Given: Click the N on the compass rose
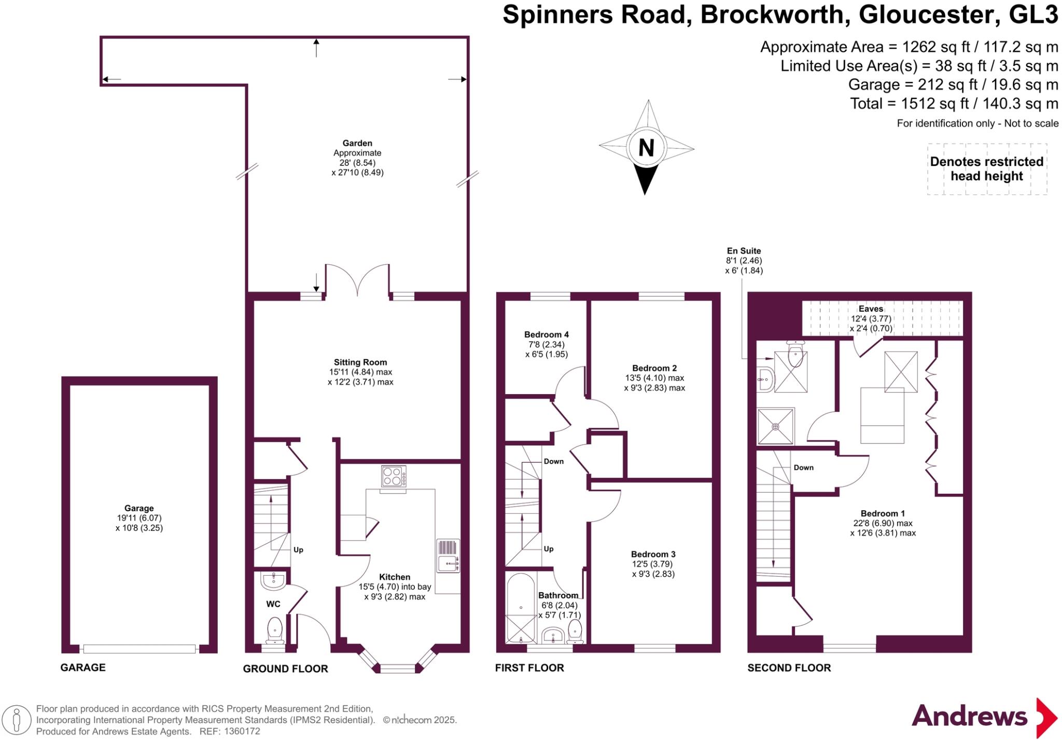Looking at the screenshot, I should point(646,148).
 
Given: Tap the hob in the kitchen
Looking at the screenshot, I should point(394,476).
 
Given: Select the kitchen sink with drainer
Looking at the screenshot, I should point(448,556).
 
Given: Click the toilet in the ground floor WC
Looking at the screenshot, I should point(274,629).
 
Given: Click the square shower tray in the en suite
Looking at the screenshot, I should point(775,426).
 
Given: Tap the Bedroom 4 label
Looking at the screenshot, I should point(546,334).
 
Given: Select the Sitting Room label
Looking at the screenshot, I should point(360,362).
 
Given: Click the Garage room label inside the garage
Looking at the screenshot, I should point(138,508).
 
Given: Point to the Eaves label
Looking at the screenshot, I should point(871,309).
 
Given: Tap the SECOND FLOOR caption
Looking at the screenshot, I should point(789,668).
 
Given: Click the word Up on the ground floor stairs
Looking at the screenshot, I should point(298,550).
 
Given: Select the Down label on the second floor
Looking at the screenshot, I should point(803,467).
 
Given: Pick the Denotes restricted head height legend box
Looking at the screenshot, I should point(987,169).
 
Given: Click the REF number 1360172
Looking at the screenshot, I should point(242,732).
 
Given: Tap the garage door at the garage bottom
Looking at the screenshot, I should point(139,648).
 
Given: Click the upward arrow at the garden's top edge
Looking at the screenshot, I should point(316,48).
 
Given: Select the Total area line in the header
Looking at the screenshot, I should point(954,104).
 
